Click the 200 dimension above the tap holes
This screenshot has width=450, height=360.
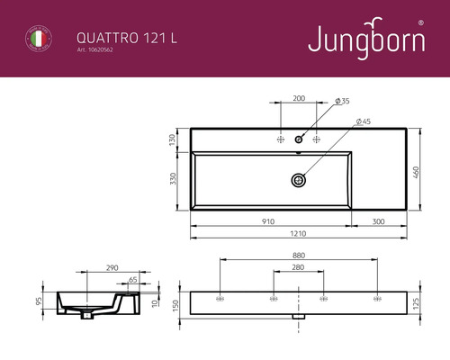coord(299,98)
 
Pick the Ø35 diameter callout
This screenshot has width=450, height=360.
coord(341,100)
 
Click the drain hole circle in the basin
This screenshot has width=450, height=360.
coord(298,180)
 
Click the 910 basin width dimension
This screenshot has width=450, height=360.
coord(268,220)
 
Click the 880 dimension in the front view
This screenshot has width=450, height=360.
coord(297,255)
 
